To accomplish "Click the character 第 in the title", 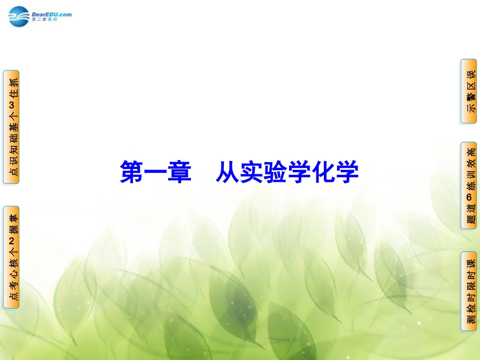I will tap(130, 172).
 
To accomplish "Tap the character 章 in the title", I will tap(180, 172).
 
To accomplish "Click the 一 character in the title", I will tap(155, 172).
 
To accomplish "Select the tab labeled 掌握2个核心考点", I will tap(12, 258).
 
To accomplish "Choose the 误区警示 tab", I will tap(469, 91).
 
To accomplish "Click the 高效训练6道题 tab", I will tap(469, 186).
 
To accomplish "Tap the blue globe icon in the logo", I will tap(19, 16).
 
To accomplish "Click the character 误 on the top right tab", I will tap(469, 74).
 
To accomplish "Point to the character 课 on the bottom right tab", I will tap(469, 264).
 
